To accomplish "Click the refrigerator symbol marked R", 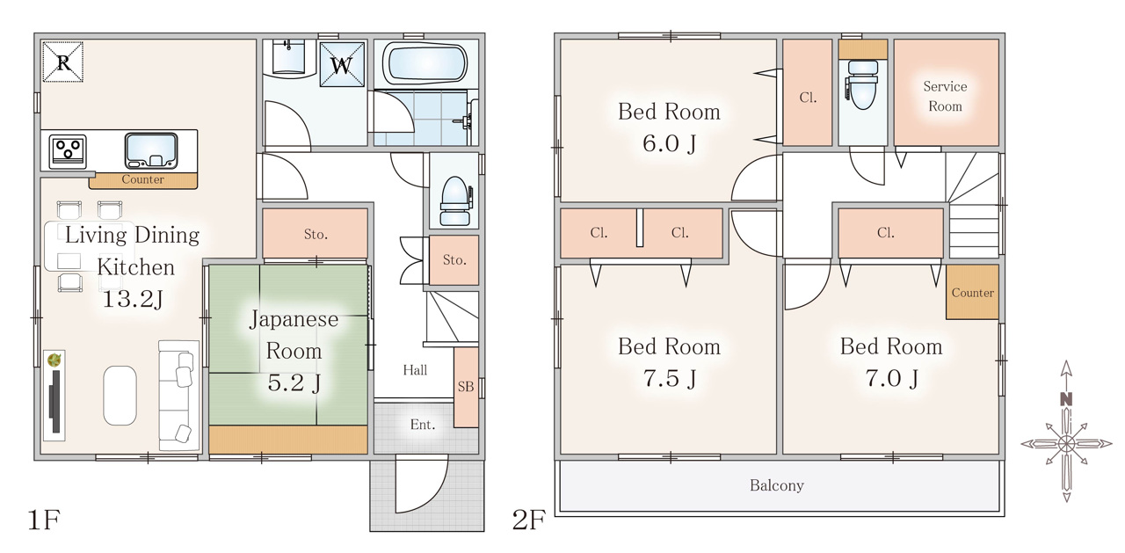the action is (x=62, y=62).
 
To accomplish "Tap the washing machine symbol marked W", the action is (x=342, y=64).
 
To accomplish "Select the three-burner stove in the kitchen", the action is (x=69, y=152).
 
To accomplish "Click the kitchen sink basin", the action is (x=151, y=150).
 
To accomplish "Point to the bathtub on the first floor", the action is (x=425, y=63).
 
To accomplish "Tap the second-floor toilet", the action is (x=862, y=85).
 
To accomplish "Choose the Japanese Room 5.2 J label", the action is (x=294, y=351).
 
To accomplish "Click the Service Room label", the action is (x=945, y=96).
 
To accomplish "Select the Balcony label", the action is (x=776, y=485).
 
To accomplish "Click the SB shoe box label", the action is (x=466, y=386).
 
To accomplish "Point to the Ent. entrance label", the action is (x=423, y=425).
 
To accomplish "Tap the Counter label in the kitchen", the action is (x=142, y=179).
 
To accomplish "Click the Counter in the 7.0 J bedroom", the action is (x=972, y=292).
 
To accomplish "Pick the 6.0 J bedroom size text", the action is (x=670, y=143).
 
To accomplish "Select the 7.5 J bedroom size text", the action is (x=670, y=378).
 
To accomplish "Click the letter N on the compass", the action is (x=1066, y=399).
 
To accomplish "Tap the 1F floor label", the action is (x=44, y=520).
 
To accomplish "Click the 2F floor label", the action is (x=528, y=520).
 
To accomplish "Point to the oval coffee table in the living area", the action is (x=120, y=396).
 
